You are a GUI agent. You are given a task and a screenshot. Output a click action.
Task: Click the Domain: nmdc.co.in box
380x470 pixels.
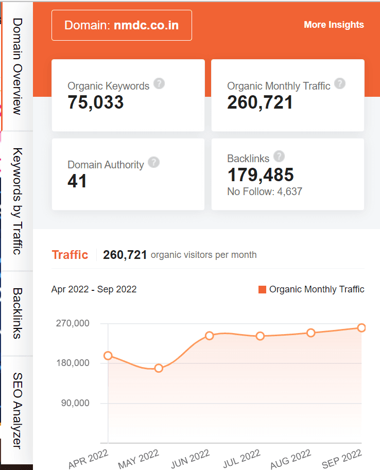tap(122, 25)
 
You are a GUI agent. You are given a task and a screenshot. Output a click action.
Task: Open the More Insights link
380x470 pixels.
tap(334, 25)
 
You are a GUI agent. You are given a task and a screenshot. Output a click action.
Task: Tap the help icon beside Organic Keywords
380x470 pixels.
tap(159, 83)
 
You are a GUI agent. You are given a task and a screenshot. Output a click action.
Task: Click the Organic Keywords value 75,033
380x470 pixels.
tap(96, 102)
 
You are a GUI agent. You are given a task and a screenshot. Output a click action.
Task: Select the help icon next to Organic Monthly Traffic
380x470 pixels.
tap(339, 83)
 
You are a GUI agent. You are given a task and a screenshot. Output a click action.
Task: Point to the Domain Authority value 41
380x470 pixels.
tap(77, 181)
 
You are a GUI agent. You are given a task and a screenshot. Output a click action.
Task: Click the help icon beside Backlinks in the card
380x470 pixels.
tap(279, 156)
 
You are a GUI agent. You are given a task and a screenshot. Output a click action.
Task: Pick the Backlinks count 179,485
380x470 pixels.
tap(261, 175)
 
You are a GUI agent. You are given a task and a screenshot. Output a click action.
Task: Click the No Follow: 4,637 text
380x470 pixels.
tap(265, 192)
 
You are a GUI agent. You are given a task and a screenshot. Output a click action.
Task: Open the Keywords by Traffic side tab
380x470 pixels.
tap(17, 201)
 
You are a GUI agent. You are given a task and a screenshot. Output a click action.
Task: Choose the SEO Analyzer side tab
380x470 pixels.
tap(17, 410)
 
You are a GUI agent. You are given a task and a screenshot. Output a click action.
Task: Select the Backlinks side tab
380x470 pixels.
tap(17, 313)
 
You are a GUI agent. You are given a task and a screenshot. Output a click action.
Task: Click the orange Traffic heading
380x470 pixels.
tap(70, 255)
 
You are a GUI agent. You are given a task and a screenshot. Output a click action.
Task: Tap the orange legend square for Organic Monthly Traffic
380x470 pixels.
tap(262, 289)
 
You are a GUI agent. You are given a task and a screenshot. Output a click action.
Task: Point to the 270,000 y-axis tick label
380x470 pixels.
tap(72, 323)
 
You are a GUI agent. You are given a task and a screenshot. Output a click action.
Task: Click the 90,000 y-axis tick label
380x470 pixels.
tap(75, 403)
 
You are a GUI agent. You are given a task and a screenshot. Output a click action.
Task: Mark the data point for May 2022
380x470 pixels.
tap(159, 368)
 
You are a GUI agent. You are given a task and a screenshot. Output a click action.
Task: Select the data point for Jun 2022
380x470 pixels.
tap(209, 336)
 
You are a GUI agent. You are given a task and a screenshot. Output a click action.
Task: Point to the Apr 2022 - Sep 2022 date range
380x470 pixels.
tap(94, 289)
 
